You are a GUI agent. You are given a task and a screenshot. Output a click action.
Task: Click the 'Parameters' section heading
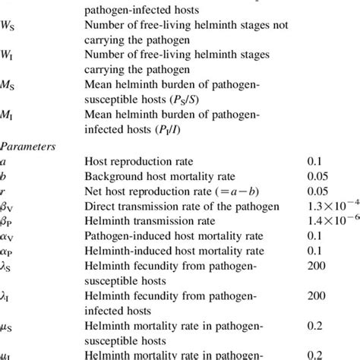pos(26,141)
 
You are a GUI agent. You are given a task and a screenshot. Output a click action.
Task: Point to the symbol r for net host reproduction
pos(4,191)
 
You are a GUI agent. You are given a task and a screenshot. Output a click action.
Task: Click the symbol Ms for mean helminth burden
pos(9,87)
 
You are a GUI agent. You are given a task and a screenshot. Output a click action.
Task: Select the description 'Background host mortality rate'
pos(154,177)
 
